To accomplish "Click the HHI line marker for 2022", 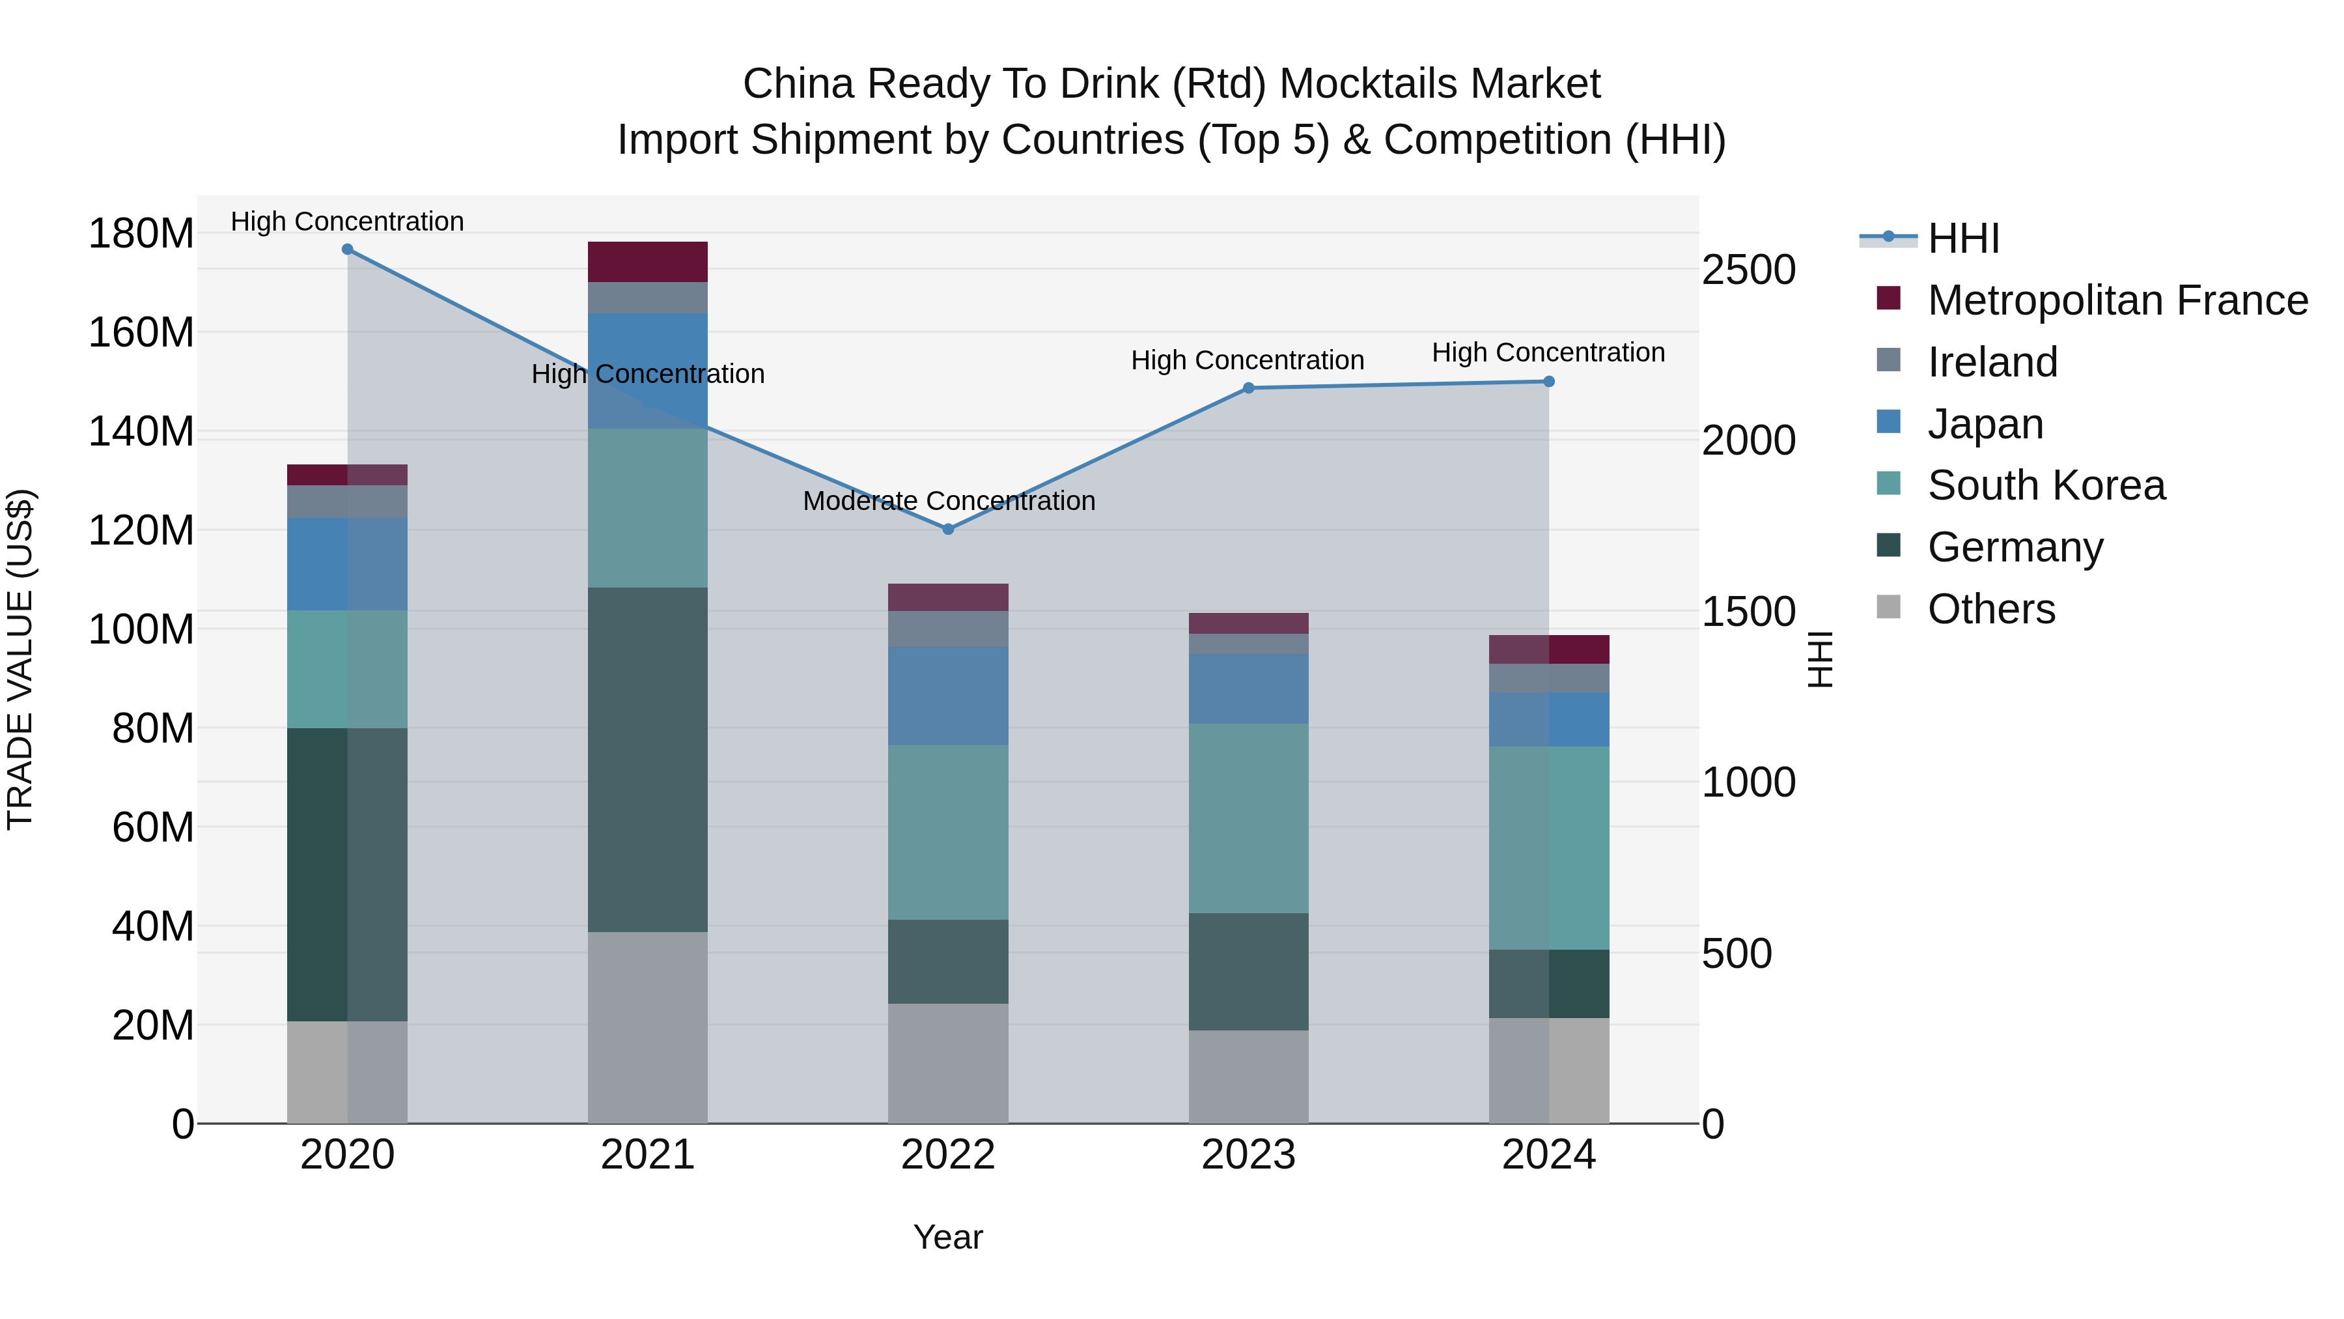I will point(947,529).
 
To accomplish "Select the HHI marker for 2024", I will point(1549,382).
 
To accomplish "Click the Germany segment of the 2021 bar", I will point(647,759).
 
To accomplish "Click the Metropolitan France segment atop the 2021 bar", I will point(647,262).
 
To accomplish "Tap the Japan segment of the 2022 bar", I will point(947,696).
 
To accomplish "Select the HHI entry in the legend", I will point(1962,238).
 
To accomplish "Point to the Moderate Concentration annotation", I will point(948,501).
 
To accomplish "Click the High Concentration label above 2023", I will point(1247,360).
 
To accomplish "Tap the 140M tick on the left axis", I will point(141,431).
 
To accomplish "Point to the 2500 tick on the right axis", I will point(1748,270).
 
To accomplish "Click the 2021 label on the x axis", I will point(647,1155).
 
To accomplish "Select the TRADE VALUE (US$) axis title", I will point(21,659).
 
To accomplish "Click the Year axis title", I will point(947,1237).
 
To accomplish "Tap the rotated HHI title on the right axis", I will point(1819,659).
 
